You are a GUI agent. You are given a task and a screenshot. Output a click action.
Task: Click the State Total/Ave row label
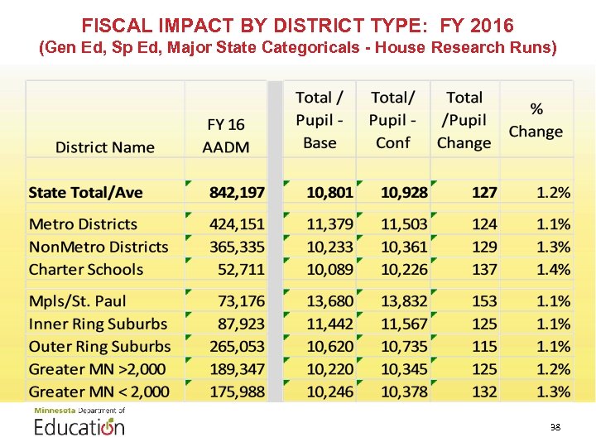pos(85,193)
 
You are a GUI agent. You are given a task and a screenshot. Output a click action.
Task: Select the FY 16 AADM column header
pos(226,136)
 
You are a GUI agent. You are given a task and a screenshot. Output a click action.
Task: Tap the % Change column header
pos(536,120)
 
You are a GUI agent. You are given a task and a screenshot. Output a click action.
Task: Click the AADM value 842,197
pos(237,193)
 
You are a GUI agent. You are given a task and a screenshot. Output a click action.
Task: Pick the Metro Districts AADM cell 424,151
pos(237,224)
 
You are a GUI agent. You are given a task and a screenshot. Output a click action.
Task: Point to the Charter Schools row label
pos(86,270)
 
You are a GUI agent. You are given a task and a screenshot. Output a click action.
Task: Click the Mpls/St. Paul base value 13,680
pos(329,301)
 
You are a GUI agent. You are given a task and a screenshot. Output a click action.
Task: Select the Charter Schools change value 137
pos(484,270)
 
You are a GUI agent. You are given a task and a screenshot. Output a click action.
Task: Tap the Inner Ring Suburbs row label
pos(98,324)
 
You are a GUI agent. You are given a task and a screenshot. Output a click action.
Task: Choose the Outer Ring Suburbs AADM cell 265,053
pos(237,347)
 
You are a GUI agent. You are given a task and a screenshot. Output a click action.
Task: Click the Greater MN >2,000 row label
pos(97,369)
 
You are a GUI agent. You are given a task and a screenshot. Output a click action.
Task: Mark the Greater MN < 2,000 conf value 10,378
pos(404,392)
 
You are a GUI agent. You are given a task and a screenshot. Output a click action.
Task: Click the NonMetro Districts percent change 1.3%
pos(553,247)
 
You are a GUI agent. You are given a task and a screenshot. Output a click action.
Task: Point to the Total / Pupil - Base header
pos(320,120)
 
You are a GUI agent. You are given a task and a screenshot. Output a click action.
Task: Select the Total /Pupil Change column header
pos(464,120)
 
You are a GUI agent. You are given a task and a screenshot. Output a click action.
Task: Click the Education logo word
pos(79,427)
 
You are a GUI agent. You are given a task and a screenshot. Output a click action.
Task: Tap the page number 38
pos(555,427)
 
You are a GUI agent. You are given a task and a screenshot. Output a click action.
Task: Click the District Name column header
pos(104,147)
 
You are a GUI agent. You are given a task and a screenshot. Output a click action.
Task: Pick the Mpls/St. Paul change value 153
pos(484,301)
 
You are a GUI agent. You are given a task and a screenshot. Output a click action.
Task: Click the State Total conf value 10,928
pos(404,193)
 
